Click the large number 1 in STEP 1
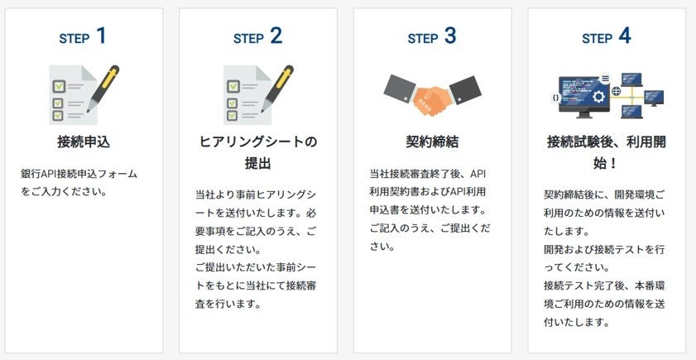(x=101, y=36)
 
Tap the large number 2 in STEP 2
(x=276, y=36)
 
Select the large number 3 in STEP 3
(x=450, y=36)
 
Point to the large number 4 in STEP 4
(x=625, y=36)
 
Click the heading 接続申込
(x=84, y=142)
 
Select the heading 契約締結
(x=432, y=142)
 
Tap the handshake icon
(x=432, y=95)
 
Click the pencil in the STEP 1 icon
(x=103, y=89)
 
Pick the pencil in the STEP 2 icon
(x=277, y=89)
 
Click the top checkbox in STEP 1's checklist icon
(x=59, y=86)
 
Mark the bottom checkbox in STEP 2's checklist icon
(x=233, y=115)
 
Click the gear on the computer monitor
(x=600, y=97)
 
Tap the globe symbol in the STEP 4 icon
(x=616, y=91)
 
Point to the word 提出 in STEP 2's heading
(x=258, y=163)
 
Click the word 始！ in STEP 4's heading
(x=606, y=163)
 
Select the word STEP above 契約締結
(x=423, y=39)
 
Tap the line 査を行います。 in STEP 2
(x=228, y=304)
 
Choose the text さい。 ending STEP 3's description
(x=382, y=247)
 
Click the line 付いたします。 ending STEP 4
(x=578, y=322)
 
